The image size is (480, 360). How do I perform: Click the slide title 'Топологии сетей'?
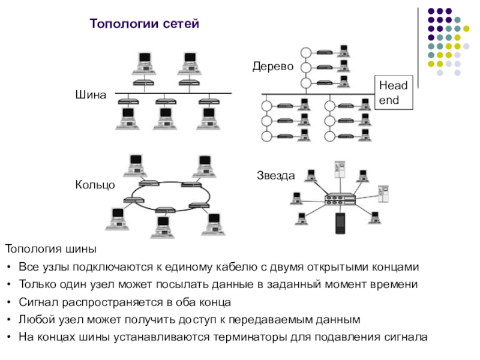144,23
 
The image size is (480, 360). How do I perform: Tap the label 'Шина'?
91,95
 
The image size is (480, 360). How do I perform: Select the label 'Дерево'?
273,67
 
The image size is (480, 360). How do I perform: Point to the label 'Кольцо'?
95,185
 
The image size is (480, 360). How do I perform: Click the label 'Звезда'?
276,176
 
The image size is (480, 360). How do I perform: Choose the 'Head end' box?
394,92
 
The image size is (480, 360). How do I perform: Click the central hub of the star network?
340,199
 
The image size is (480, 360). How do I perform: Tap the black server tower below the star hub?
340,223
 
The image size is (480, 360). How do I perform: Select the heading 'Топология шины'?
51,249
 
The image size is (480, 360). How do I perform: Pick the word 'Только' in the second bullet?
38,284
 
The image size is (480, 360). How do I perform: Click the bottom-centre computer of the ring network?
163,227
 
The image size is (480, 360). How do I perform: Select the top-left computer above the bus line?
144,64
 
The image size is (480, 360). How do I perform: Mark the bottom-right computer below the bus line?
208,119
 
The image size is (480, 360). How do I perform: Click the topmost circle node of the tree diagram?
306,53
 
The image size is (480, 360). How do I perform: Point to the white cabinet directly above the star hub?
340,169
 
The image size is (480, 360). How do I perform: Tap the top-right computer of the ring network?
205,167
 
